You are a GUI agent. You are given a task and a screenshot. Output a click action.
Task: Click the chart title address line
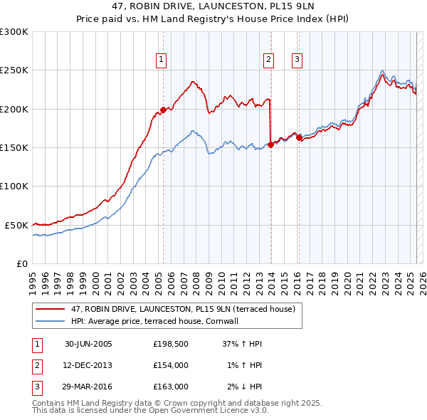click(213, 6)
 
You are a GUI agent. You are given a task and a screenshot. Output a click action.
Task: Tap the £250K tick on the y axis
click(14, 70)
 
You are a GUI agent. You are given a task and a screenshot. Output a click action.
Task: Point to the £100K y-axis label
click(14, 187)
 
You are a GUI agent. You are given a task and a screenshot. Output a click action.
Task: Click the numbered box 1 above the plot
click(163, 61)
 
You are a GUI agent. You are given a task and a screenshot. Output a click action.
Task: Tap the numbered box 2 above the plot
click(269, 61)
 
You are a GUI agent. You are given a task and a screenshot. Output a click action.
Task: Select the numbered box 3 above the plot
click(297, 61)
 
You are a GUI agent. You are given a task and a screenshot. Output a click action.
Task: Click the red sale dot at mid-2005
click(163, 110)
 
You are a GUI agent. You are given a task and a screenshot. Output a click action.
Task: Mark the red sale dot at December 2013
click(270, 145)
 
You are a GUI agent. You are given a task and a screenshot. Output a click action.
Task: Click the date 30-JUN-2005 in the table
click(88, 344)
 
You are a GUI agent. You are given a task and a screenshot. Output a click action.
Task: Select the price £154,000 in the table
click(170, 365)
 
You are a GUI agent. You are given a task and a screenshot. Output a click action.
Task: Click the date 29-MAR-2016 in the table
click(88, 387)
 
